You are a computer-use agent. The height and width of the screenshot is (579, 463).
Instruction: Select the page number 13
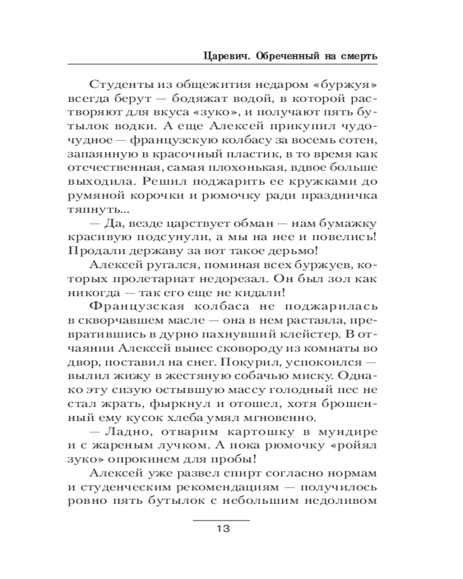tap(222, 528)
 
